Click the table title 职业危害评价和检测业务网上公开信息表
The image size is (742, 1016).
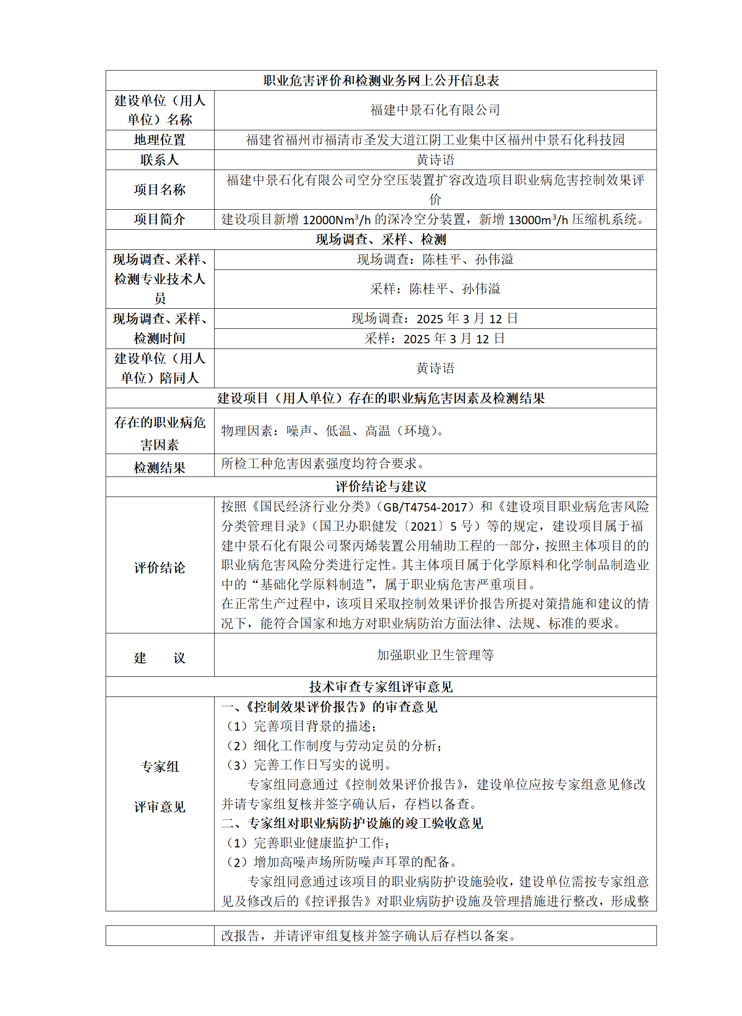pyautogui.click(x=381, y=80)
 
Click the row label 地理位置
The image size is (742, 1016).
pyautogui.click(x=159, y=140)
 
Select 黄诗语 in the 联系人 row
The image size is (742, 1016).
pyautogui.click(x=435, y=160)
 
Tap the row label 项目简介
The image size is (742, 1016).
pyautogui.click(x=159, y=219)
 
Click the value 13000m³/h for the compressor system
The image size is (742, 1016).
pyautogui.click(x=538, y=220)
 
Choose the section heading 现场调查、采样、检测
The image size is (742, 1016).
pyautogui.click(x=381, y=240)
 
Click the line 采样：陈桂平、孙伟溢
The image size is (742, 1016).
pyautogui.click(x=435, y=289)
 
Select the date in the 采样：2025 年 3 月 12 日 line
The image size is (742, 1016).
pyautogui.click(x=454, y=339)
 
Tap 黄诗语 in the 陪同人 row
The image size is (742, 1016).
pyautogui.click(x=435, y=368)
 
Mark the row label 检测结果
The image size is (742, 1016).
pyautogui.click(x=159, y=467)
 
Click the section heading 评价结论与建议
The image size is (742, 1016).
pyautogui.click(x=381, y=487)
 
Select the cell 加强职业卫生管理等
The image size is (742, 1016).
pyautogui.click(x=435, y=655)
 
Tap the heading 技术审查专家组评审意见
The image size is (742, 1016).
pyautogui.click(x=381, y=687)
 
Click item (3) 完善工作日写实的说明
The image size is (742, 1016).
pyautogui.click(x=309, y=765)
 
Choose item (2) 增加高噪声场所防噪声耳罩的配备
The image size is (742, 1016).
pyautogui.click(x=341, y=862)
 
